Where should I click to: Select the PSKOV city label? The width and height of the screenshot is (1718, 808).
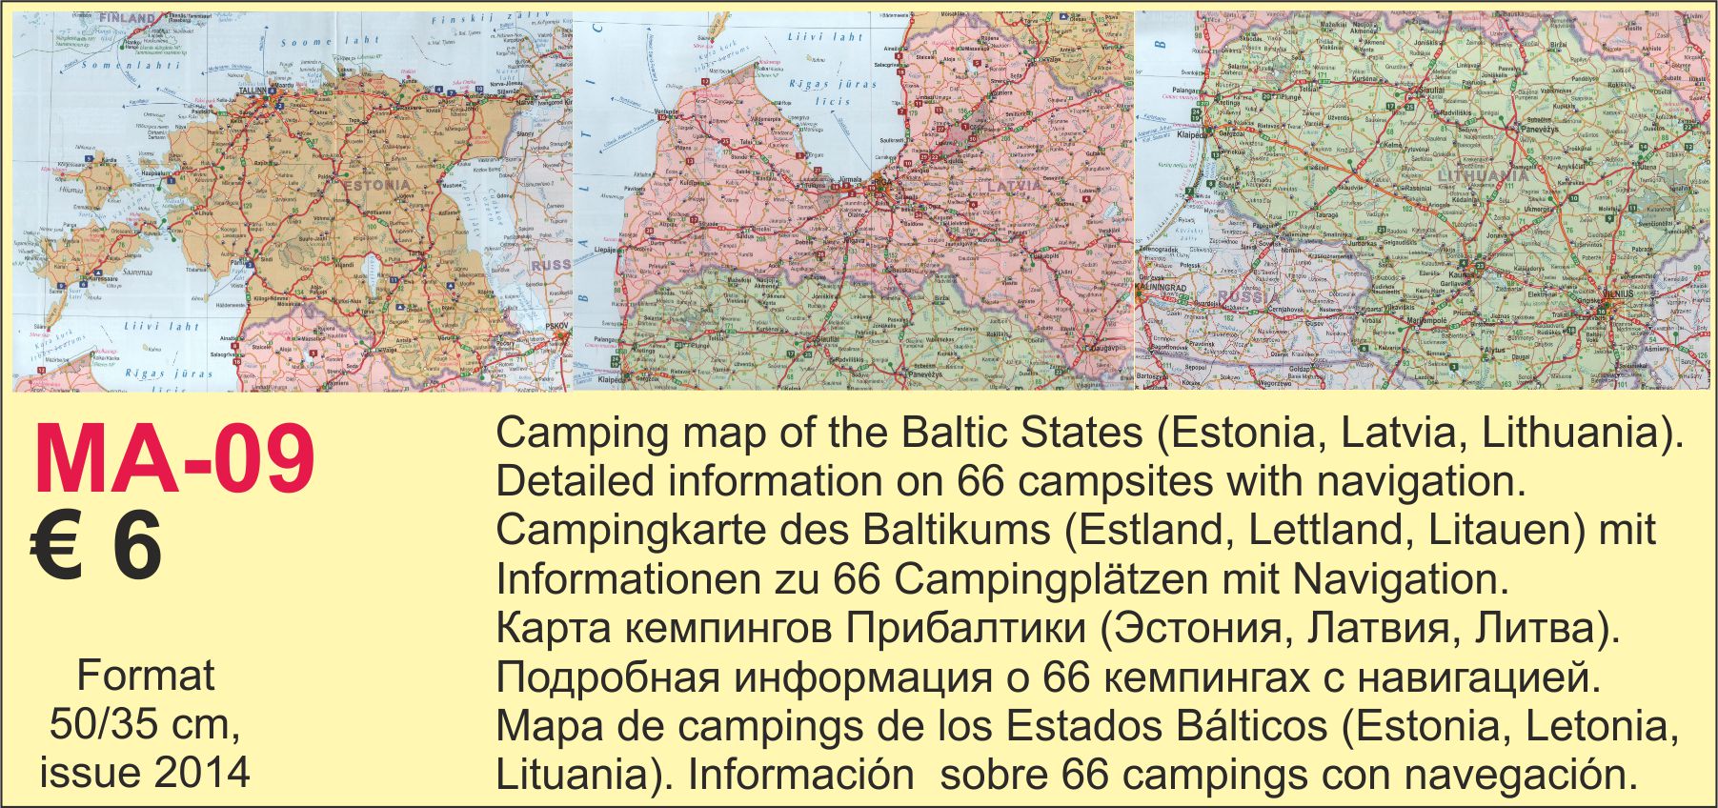[x=556, y=327]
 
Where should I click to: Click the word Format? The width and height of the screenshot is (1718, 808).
[x=146, y=676]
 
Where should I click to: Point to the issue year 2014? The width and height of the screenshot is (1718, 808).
[x=202, y=772]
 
